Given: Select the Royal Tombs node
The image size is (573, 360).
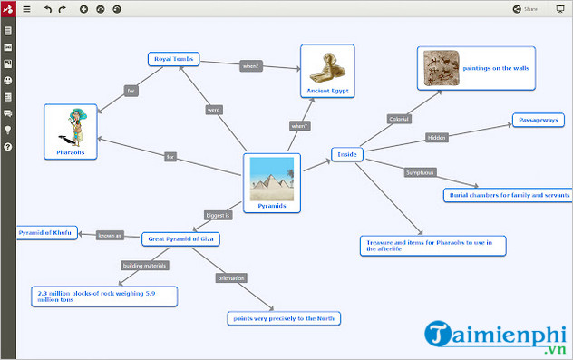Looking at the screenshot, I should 173,59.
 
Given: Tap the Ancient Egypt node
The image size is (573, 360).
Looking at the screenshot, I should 327,72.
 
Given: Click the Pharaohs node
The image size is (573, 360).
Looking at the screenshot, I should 70,131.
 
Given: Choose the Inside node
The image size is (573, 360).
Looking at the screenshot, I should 347,154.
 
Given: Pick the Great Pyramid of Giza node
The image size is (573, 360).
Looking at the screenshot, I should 181,239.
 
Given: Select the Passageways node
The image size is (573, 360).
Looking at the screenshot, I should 538,119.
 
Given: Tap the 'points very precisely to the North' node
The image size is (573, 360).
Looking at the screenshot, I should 284,318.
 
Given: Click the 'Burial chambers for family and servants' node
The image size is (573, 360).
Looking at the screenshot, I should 509,195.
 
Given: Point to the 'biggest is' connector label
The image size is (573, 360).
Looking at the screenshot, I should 219,216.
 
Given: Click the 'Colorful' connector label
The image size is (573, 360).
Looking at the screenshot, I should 399,119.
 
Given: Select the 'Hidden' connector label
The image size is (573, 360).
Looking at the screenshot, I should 437,139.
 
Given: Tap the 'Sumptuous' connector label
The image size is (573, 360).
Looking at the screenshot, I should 420,172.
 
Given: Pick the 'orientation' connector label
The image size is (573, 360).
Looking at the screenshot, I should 230,277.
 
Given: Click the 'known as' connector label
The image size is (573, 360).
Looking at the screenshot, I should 109,236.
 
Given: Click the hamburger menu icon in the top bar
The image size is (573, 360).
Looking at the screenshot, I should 26,9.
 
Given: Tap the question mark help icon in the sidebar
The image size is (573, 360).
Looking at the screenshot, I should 8,146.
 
